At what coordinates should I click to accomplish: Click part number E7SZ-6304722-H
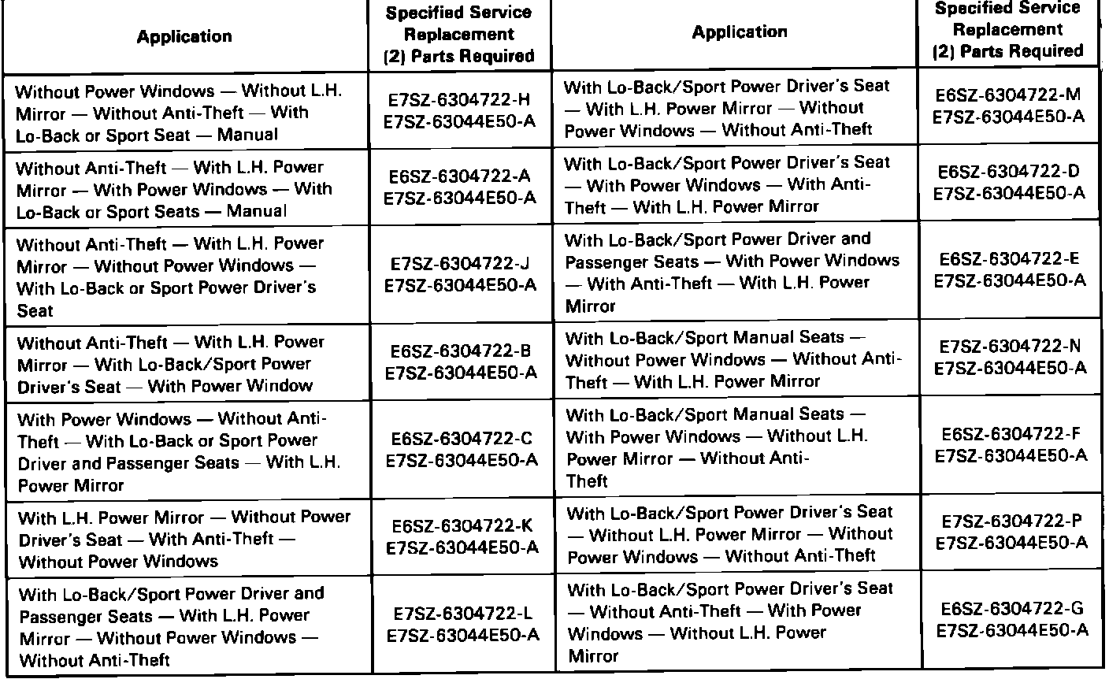pos(459,100)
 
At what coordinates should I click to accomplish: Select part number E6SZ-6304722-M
pos(1008,95)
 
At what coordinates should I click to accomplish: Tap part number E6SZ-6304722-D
pos(1008,172)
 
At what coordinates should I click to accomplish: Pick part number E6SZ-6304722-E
pos(1008,259)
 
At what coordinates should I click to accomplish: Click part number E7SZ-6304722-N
pos(1008,347)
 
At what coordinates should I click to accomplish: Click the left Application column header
pos(184,37)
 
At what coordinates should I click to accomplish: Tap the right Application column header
pos(739,32)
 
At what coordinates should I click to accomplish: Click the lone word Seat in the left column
pos(35,311)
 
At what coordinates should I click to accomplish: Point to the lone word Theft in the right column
pos(587,480)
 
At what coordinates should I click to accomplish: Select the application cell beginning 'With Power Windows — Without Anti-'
pos(180,451)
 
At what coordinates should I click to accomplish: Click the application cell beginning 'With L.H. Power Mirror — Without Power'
pos(184,540)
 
